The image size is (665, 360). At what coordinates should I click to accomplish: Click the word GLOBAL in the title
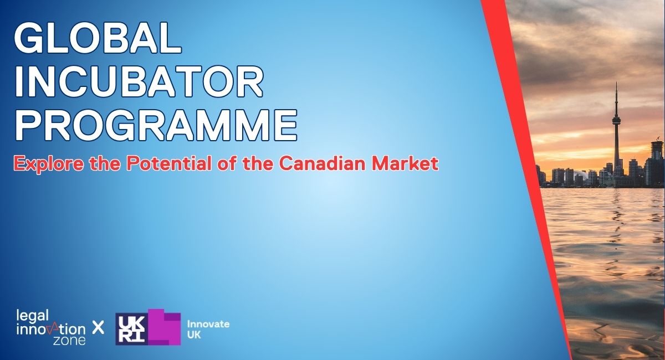point(98,38)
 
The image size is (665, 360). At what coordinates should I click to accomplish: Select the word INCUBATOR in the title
point(139,81)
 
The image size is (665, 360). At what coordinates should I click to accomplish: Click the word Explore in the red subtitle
point(48,164)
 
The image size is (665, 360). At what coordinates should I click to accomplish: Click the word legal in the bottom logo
point(33,316)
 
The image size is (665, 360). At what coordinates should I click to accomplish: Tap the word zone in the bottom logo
point(69,341)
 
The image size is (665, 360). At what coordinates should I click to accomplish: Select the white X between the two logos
point(98,327)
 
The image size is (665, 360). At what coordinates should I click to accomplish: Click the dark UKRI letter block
point(131,329)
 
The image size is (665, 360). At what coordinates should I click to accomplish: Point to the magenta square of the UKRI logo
point(164,327)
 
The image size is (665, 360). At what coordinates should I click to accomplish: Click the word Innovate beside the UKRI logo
point(208,324)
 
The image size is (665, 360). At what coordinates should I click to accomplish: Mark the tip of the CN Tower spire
point(616,82)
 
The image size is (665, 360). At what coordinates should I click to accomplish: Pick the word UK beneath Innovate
point(194,335)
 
